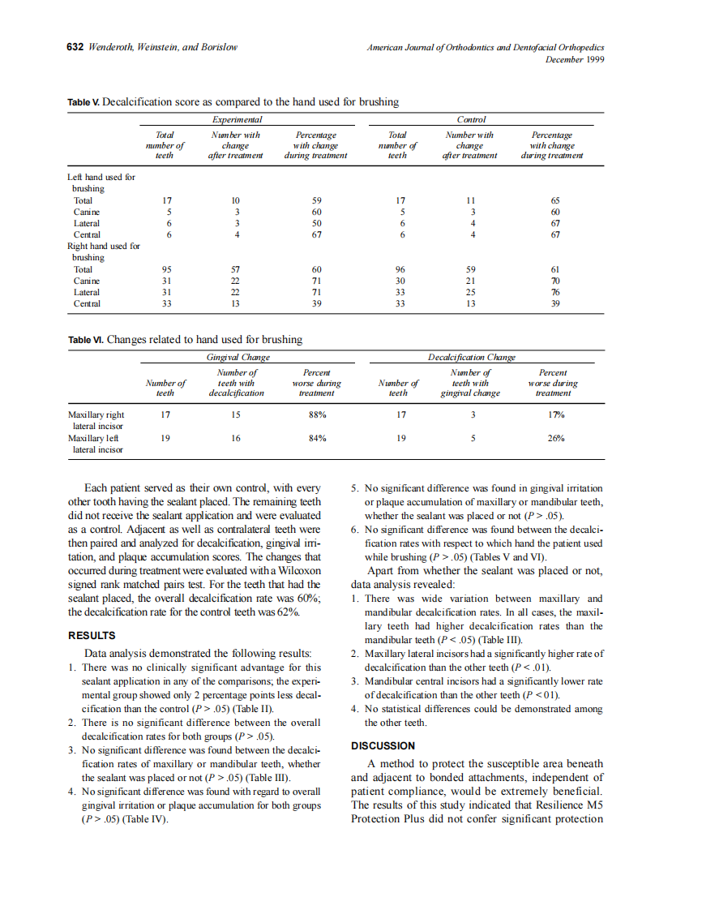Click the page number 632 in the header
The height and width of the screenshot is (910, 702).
point(75,47)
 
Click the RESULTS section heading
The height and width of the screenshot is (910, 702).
point(92,635)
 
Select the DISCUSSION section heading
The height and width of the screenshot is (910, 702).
point(383,745)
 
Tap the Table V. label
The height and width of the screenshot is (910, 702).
point(83,102)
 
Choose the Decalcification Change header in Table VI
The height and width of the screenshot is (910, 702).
point(471,357)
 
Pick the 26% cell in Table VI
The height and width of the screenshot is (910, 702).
point(556,438)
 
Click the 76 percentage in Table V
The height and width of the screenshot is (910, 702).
point(555,292)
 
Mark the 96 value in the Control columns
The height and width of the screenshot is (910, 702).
point(397,269)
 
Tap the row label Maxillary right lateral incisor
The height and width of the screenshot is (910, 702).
point(96,419)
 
